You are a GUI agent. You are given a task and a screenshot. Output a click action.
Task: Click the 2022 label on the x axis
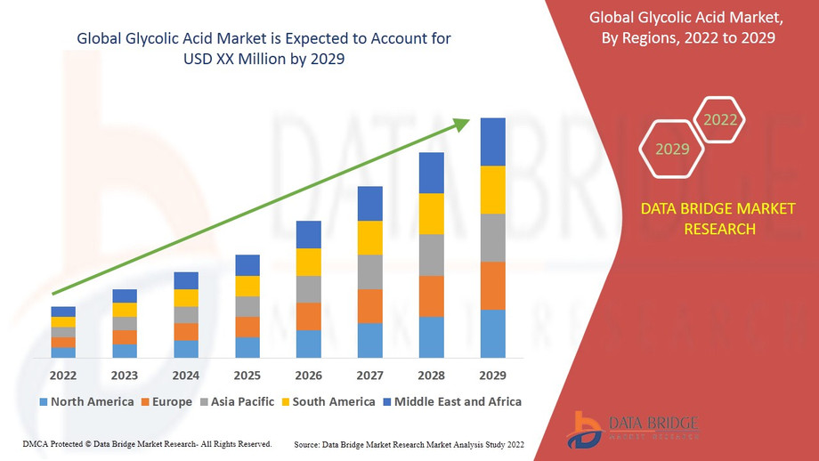coord(63,375)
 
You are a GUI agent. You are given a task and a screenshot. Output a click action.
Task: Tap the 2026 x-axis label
coord(308,375)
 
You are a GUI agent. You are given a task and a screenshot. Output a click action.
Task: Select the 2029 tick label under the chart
coord(492,375)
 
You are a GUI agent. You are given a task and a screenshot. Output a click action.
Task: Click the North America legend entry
coord(86,401)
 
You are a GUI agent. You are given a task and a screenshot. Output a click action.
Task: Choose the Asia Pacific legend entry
coord(237,401)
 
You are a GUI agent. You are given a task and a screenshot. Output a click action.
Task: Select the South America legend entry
coord(328,401)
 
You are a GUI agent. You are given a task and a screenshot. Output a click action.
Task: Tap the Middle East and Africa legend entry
coord(451,401)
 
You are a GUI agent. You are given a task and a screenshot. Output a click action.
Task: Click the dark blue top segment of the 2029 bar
coord(492,142)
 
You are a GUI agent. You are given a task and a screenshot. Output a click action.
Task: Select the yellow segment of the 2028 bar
coord(431,214)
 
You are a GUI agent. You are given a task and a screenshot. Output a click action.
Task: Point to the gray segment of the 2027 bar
coord(369,271)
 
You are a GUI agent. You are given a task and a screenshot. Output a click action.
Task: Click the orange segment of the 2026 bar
coord(308,316)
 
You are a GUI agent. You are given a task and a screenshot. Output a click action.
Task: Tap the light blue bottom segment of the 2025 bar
coord(247,347)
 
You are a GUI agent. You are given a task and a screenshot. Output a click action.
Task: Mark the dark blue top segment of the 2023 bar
coord(125,295)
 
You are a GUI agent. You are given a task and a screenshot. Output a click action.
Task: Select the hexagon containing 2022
coord(719,119)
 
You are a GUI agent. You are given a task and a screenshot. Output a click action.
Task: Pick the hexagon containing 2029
coord(672,149)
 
